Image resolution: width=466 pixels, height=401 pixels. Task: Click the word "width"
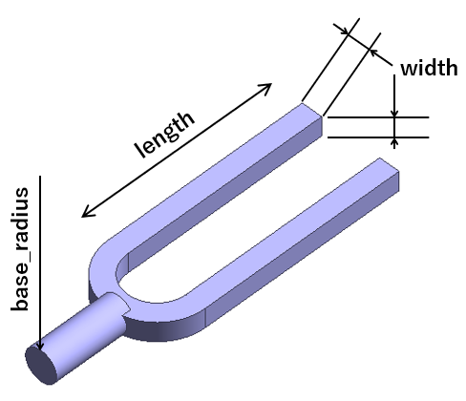(x=429, y=68)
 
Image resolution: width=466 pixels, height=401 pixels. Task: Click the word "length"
(x=164, y=135)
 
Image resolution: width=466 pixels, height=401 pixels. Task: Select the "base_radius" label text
(x=20, y=249)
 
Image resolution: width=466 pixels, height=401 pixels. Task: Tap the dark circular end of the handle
(x=41, y=366)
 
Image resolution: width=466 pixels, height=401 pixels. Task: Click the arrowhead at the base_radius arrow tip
(x=40, y=346)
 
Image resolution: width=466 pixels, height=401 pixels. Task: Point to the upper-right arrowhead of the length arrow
(x=266, y=88)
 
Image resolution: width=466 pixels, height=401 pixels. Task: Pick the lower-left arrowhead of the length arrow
(x=87, y=213)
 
